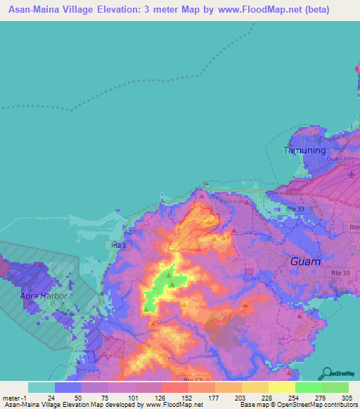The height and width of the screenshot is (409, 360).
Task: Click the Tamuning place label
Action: point(304,150)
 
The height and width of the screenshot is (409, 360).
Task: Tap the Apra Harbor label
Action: point(44,296)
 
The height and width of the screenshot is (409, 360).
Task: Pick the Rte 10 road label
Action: point(330,261)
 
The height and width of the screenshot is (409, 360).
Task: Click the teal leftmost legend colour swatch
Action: point(41,387)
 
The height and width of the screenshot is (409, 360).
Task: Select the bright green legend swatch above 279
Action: point(308,387)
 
